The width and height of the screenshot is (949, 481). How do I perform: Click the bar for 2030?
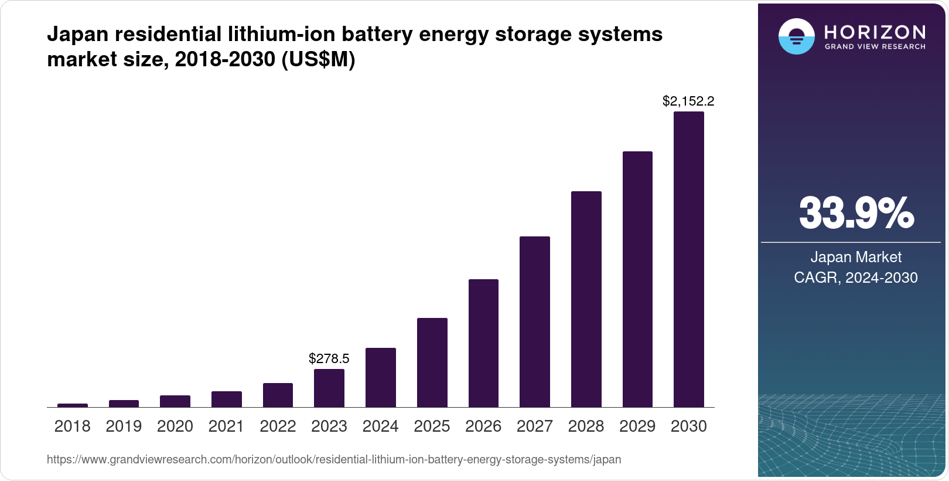[688, 259]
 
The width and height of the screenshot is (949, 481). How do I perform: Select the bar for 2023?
[329, 388]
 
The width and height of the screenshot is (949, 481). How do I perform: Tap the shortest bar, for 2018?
[73, 405]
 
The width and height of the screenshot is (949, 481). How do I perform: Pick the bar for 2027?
[534, 321]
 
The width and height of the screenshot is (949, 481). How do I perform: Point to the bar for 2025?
[432, 363]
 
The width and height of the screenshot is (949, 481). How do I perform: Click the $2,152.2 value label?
[688, 101]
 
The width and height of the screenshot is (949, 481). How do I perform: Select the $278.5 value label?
[329, 358]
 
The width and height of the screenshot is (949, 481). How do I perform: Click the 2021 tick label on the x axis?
[226, 426]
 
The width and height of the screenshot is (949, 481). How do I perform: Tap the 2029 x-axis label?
[637, 426]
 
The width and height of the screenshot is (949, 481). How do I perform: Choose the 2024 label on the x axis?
[380, 426]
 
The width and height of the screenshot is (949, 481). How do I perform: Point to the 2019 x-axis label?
[124, 426]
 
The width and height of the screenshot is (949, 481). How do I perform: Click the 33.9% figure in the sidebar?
[856, 214]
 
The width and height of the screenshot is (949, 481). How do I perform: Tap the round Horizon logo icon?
[796, 36]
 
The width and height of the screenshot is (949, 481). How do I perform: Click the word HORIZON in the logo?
[875, 32]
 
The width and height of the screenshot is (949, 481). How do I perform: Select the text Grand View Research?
[875, 46]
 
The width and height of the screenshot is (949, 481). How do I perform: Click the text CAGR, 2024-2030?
[856, 277]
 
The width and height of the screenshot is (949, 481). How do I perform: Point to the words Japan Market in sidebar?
[856, 257]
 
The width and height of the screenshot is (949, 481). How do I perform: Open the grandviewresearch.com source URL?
[334, 459]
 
